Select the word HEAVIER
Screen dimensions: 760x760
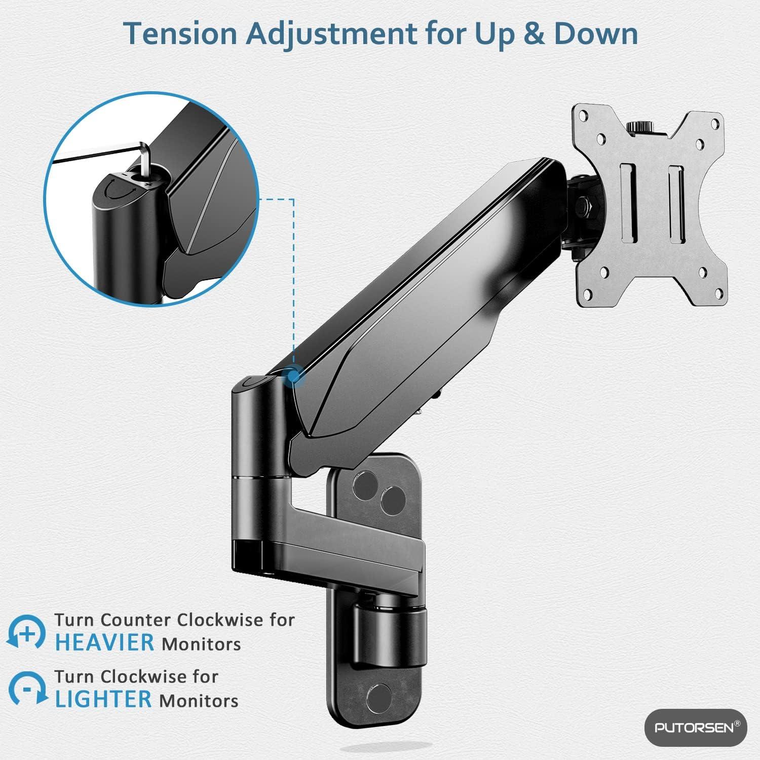(104, 642)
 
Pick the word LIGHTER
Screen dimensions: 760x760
(103, 699)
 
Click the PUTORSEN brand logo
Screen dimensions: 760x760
(695, 728)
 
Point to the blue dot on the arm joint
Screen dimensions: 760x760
(293, 375)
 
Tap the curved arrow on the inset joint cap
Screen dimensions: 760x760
(121, 192)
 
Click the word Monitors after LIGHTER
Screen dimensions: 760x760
(199, 701)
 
